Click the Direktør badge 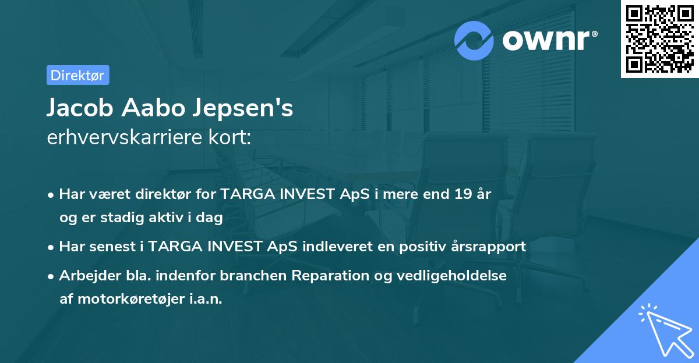pyautogui.click(x=78, y=75)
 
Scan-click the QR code pyautogui.click(x=659, y=38)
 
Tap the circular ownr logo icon pyautogui.click(x=474, y=40)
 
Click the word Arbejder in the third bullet pyautogui.click(x=85, y=275)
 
